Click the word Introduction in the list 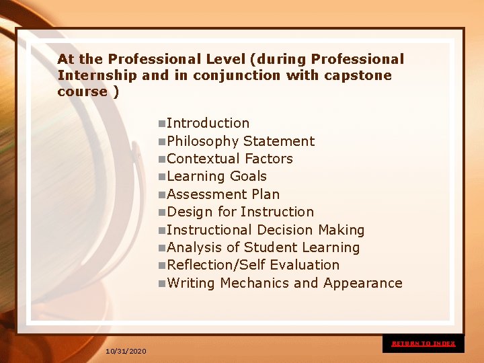click(208, 124)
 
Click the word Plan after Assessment click(265, 194)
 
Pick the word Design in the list click(190, 212)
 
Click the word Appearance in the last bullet click(362, 283)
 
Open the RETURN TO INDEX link click(424, 344)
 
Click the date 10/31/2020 click(126, 352)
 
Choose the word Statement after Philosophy click(279, 141)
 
